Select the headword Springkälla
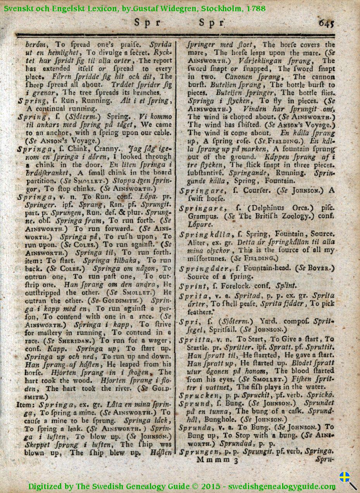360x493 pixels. click(199, 234)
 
